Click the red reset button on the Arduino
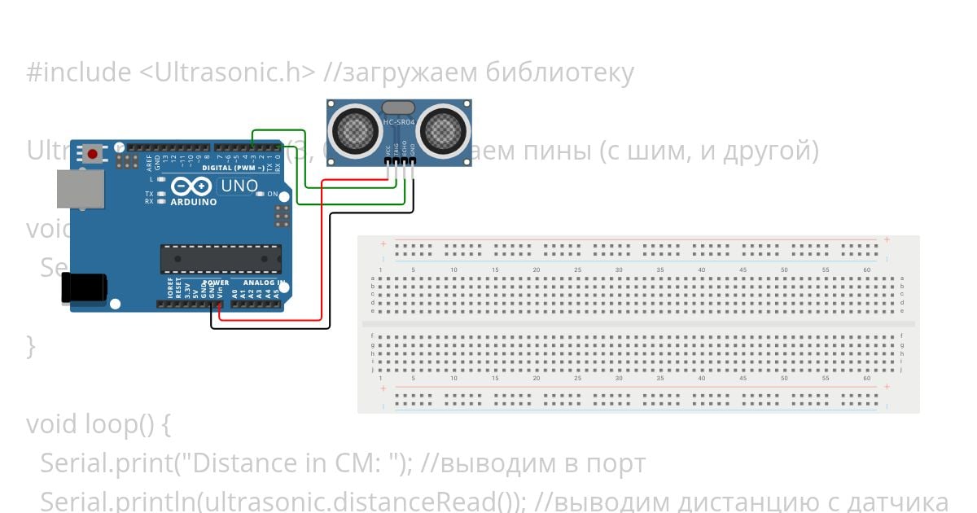[93, 154]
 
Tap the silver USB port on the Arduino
[80, 189]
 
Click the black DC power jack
[85, 288]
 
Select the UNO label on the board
[239, 186]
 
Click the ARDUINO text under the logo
[194, 202]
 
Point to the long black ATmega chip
[221, 258]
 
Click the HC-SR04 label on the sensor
[399, 122]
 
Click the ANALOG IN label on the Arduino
[263, 283]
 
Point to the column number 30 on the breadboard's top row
[619, 270]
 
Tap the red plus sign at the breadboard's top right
[886, 240]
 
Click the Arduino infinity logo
[192, 186]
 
